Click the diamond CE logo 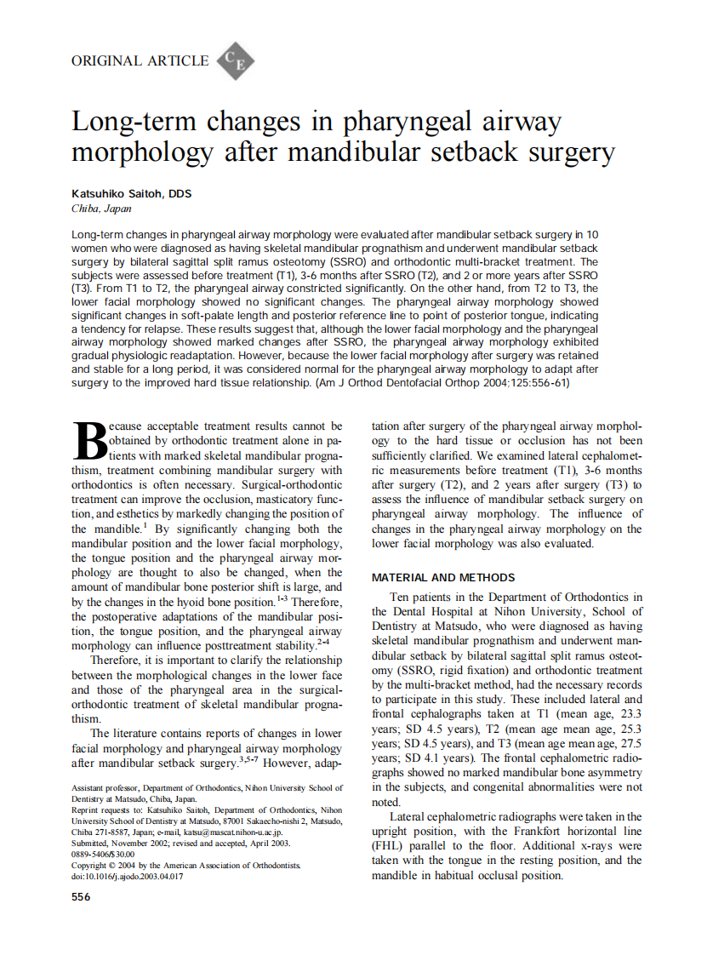236,60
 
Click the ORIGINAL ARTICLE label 140,60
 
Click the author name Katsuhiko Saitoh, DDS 132,194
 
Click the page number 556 81,896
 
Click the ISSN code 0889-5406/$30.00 103,854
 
